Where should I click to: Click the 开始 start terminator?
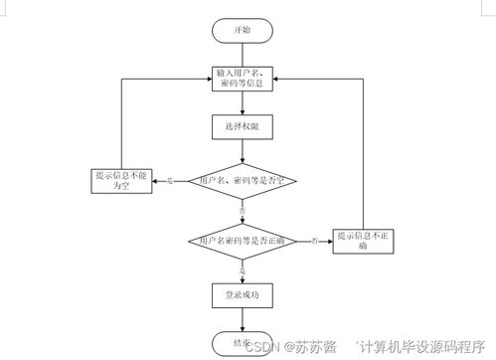coord(243,31)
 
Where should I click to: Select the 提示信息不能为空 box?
coord(119,180)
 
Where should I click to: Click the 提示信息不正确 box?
coord(364,240)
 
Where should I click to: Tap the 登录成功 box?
coord(242,294)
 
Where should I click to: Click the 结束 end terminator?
coord(242,339)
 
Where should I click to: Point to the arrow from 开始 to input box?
coord(243,54)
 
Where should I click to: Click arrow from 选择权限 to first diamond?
coord(242,150)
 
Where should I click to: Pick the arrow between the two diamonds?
coord(242,214)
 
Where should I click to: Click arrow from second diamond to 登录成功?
coord(242,273)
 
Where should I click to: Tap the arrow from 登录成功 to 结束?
coord(242,317)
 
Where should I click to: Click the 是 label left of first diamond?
coord(170,181)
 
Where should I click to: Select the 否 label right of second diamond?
coord(314,240)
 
